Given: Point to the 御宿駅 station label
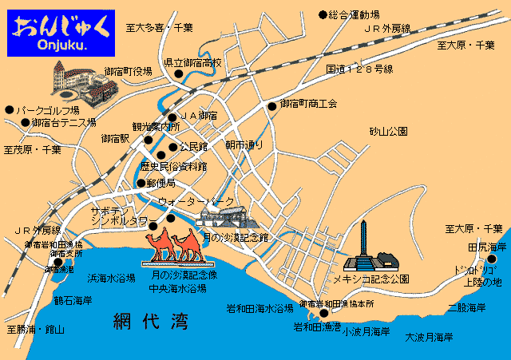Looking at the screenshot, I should pos(115,138).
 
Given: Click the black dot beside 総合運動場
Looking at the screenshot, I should pos(323,14).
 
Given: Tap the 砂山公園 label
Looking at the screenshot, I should pos(389,131).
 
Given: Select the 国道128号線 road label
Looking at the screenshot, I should pos(360,69).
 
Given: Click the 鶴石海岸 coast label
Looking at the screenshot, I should pos(73,301).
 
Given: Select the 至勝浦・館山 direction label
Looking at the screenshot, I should pos(35,329).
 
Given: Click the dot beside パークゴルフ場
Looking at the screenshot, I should pos(9,110).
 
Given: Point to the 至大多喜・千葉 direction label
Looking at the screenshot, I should pos(160,27).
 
